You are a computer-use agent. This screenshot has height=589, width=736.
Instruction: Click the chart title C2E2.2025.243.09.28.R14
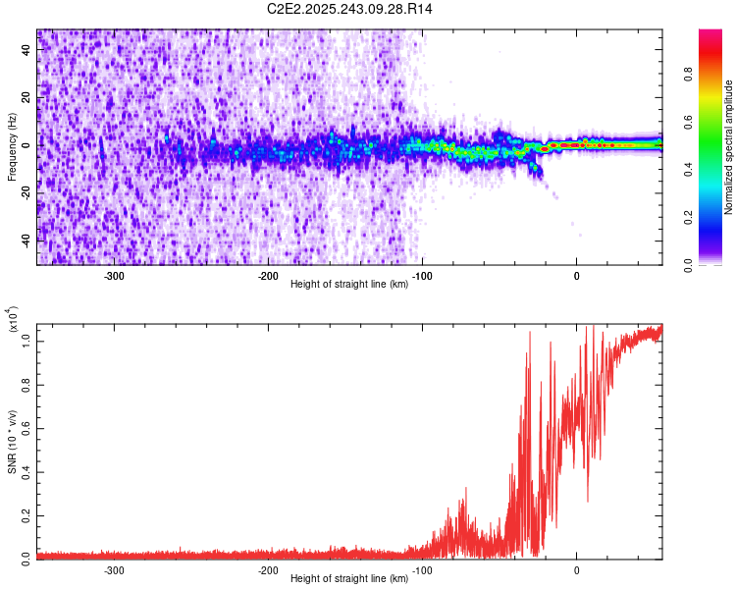click(x=350, y=9)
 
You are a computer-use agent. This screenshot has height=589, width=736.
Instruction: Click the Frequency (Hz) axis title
click(x=12, y=146)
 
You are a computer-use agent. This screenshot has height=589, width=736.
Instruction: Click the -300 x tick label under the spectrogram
click(x=114, y=275)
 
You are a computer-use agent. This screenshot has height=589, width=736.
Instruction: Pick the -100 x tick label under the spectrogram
click(x=422, y=275)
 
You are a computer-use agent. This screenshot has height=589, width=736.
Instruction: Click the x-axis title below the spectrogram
click(x=350, y=285)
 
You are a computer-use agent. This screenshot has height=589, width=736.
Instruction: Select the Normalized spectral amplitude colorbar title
click(x=729, y=146)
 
